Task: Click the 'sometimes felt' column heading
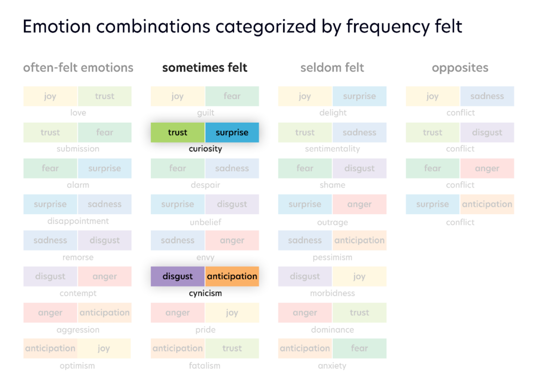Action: click(x=204, y=68)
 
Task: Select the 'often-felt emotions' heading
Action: click(x=78, y=68)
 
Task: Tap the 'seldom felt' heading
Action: click(x=332, y=68)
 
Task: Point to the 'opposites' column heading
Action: click(x=460, y=68)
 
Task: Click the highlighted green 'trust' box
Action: click(x=178, y=133)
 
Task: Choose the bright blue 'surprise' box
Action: click(x=232, y=133)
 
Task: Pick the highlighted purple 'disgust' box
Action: click(x=178, y=276)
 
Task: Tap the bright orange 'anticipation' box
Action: click(x=232, y=276)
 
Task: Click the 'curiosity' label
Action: click(x=205, y=149)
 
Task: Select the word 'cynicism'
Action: click(x=205, y=293)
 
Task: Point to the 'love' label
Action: click(x=78, y=113)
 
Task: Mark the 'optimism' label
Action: click(x=78, y=366)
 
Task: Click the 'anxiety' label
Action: click(x=332, y=366)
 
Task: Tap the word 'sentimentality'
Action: click(x=332, y=149)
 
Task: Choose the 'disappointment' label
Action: click(x=78, y=221)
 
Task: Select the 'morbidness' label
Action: click(x=332, y=293)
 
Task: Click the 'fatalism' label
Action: click(x=205, y=366)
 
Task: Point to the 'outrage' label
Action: click(x=332, y=222)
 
